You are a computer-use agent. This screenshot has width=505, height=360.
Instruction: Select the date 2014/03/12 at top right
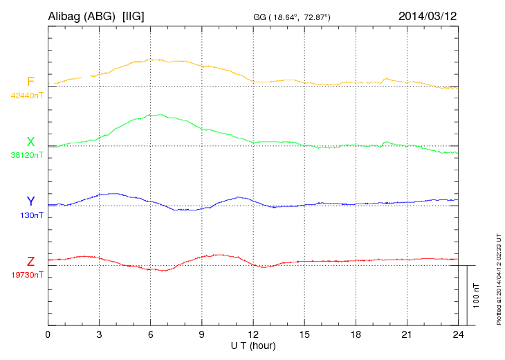428,15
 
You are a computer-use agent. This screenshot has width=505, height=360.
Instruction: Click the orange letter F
30,82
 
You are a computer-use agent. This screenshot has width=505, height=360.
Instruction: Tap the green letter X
30,142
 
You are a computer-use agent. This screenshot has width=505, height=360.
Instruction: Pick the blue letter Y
30,201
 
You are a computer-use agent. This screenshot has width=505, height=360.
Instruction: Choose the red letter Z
30,262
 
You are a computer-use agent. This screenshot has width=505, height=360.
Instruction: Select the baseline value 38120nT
27,155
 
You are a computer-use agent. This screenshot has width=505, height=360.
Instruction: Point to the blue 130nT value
32,215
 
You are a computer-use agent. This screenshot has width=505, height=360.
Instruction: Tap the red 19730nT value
27,275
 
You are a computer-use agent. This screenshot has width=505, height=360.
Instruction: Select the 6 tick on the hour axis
150,334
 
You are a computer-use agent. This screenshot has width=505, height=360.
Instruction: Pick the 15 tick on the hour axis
304,334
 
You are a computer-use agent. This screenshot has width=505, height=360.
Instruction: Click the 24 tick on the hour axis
457,334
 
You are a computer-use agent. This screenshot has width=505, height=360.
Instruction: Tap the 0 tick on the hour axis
48,334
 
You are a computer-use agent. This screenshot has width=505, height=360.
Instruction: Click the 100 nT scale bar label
476,295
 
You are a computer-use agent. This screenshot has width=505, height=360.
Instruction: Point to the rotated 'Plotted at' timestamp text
499,278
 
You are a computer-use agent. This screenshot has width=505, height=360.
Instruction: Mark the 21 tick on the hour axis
406,334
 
